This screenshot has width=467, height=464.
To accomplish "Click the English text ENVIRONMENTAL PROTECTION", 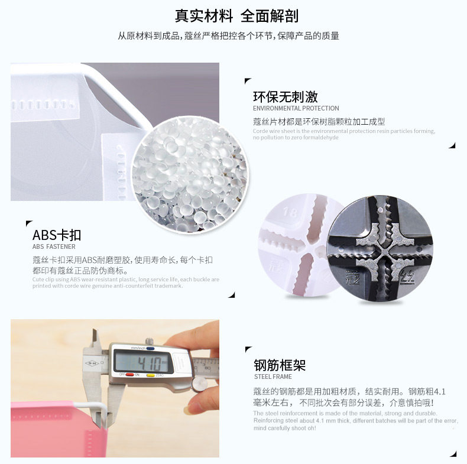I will (296, 109).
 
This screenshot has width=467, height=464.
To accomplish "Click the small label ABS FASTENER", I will (54, 246).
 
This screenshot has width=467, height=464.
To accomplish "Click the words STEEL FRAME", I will (273, 377).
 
